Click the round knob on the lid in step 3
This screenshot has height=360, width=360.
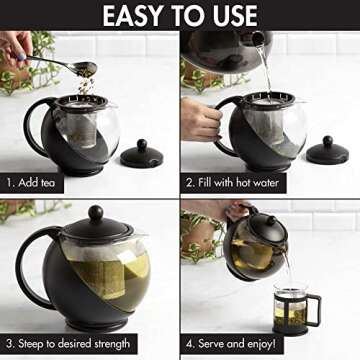pos(95,213)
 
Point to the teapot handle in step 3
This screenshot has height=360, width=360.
pos(31,268)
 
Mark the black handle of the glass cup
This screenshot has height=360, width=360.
pos(314,308)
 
